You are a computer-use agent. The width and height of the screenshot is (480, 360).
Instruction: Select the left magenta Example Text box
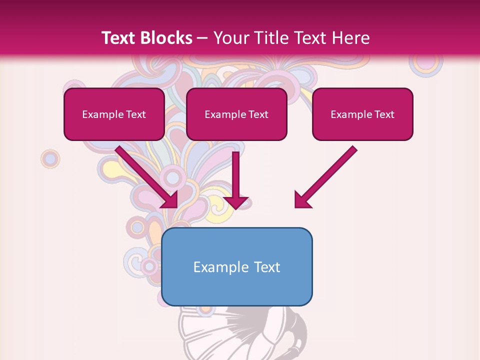point(114,114)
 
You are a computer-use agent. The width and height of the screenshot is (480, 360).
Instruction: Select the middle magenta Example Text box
point(236,114)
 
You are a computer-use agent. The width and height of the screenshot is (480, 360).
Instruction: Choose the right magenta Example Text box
point(362,114)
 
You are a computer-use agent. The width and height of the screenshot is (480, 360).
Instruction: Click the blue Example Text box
point(236,267)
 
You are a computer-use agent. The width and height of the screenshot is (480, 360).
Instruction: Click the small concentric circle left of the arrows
point(50,159)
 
